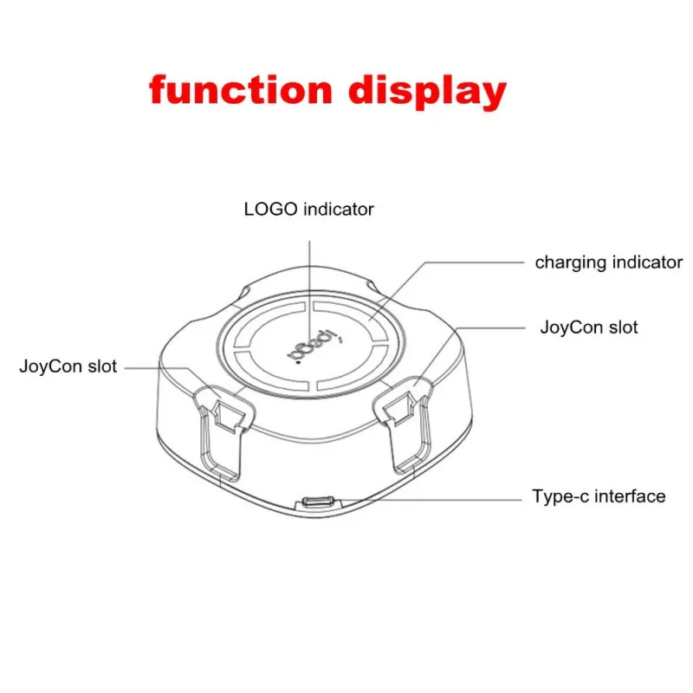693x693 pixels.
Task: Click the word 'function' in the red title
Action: (241, 90)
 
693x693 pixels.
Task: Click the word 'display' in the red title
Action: (427, 92)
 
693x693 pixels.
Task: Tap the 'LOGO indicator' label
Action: (308, 209)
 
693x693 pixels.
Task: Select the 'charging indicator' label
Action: (609, 262)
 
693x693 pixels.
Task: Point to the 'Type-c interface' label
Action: (599, 496)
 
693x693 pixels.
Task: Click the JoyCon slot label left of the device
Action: (68, 366)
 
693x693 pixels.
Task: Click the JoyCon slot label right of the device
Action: (589, 327)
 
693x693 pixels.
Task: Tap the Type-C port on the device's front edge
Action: (317, 502)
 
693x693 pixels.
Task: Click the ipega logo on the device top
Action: (314, 346)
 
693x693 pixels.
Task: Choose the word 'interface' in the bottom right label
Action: (631, 496)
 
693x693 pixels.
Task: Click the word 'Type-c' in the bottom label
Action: (560, 496)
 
